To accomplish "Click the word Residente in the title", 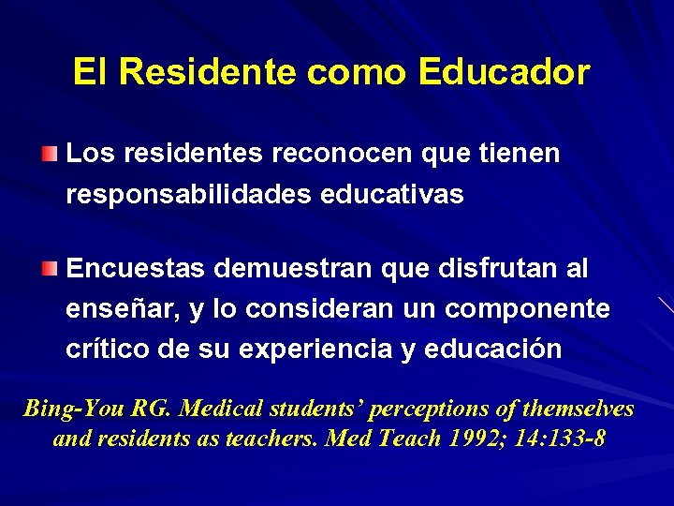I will click(208, 72).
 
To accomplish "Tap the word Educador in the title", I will click(505, 72).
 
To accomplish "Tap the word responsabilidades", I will click(189, 195).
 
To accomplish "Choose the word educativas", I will click(392, 194).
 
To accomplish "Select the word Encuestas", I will click(137, 270).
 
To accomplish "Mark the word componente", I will click(528, 310).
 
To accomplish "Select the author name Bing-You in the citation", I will click(75, 409).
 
